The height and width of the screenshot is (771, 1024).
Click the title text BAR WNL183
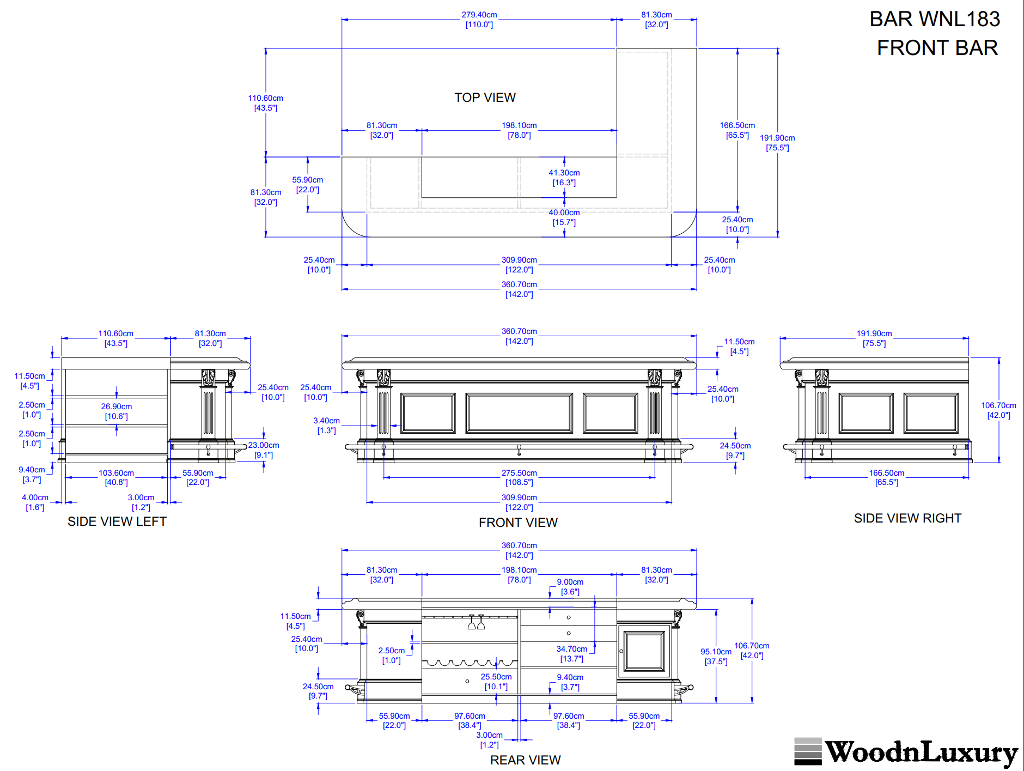pos(934,19)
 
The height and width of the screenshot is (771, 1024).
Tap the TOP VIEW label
pos(485,98)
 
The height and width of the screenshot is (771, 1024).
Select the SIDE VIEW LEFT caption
pos(117,521)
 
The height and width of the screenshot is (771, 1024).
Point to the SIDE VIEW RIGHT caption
pos(907,518)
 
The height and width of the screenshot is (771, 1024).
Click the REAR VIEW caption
pos(525,760)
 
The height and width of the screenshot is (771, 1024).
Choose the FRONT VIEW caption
pos(518,523)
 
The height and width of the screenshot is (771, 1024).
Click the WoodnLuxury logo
pos(906,752)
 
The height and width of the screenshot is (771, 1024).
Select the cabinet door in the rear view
pos(644,651)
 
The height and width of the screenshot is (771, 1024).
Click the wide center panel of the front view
pos(519,414)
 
